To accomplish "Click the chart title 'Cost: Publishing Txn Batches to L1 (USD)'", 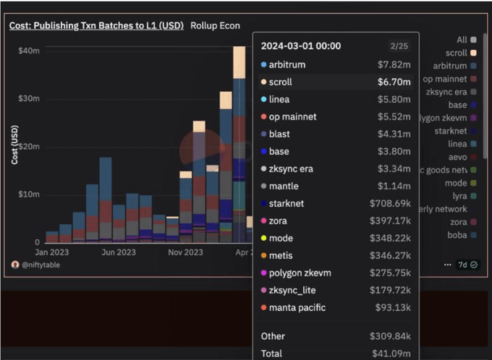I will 96,25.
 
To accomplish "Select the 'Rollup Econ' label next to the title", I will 215,25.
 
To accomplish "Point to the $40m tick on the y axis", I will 29,51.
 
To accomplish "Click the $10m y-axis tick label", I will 29,194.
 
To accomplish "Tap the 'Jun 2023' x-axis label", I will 119,252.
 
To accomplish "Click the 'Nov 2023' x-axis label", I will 185,252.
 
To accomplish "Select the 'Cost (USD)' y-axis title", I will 14,145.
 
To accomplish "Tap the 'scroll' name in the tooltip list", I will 281,82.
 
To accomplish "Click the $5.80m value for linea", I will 394,99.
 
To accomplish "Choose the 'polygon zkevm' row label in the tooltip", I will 300,273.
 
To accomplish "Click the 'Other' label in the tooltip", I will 273,336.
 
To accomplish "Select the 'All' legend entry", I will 462,40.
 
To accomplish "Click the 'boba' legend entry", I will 457,235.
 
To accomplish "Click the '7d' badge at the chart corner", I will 464,265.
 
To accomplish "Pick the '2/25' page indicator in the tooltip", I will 399,46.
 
